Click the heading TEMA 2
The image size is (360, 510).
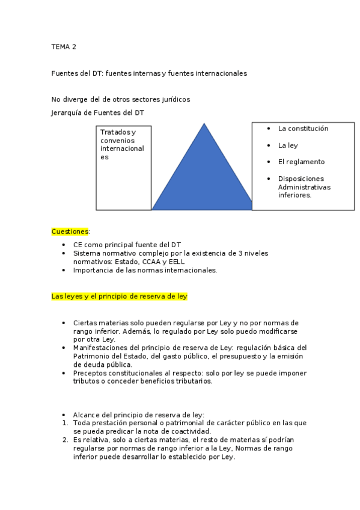64,46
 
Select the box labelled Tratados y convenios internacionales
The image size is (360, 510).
123,168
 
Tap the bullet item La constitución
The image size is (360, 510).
303,129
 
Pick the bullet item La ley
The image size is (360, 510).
288,146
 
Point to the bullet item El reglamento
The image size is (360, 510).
301,162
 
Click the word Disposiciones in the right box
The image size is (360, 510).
301,179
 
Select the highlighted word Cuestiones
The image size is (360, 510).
70,231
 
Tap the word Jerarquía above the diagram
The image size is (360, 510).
67,112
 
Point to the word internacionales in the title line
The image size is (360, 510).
219,73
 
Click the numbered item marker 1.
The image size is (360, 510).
64,423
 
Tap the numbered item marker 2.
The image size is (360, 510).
64,440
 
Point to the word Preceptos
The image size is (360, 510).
90,373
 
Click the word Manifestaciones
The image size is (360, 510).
100,348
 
